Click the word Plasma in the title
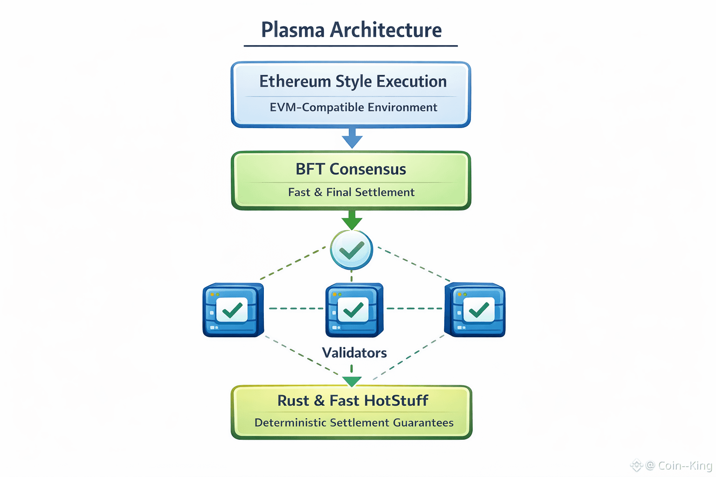coord(293,30)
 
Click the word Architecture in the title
coord(386,30)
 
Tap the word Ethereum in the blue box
coord(295,81)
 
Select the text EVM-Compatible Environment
coord(353,107)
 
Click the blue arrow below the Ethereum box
coord(352,138)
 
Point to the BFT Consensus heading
coord(351,169)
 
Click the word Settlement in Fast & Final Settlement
coord(385,192)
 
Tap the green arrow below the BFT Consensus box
coord(351,220)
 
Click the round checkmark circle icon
coord(351,250)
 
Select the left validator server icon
coord(234,310)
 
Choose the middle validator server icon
coord(354,310)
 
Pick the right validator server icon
coord(475,310)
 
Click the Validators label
coord(354,353)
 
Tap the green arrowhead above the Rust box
coord(351,382)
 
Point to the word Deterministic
coord(290,422)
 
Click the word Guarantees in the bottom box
coord(423,422)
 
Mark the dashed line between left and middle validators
coord(296,309)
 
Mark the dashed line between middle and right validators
coord(414,309)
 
